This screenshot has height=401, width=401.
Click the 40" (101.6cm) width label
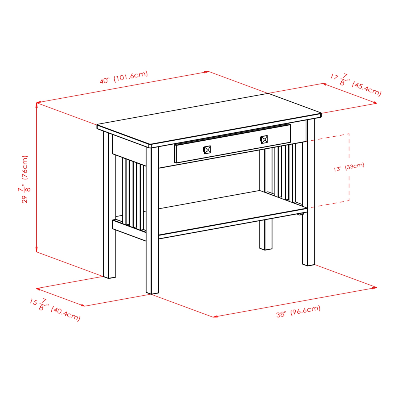pos(124,77)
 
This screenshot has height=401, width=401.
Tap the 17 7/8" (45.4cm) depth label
pos(356,84)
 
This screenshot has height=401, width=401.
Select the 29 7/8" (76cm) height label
pos(25,179)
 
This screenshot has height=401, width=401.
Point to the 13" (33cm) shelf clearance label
pos(349,167)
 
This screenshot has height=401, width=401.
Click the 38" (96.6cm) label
pos(298,311)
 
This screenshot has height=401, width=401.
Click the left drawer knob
pos(207,150)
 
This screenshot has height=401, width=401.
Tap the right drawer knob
pos(264,140)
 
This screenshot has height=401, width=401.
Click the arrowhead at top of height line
pos(37,104)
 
